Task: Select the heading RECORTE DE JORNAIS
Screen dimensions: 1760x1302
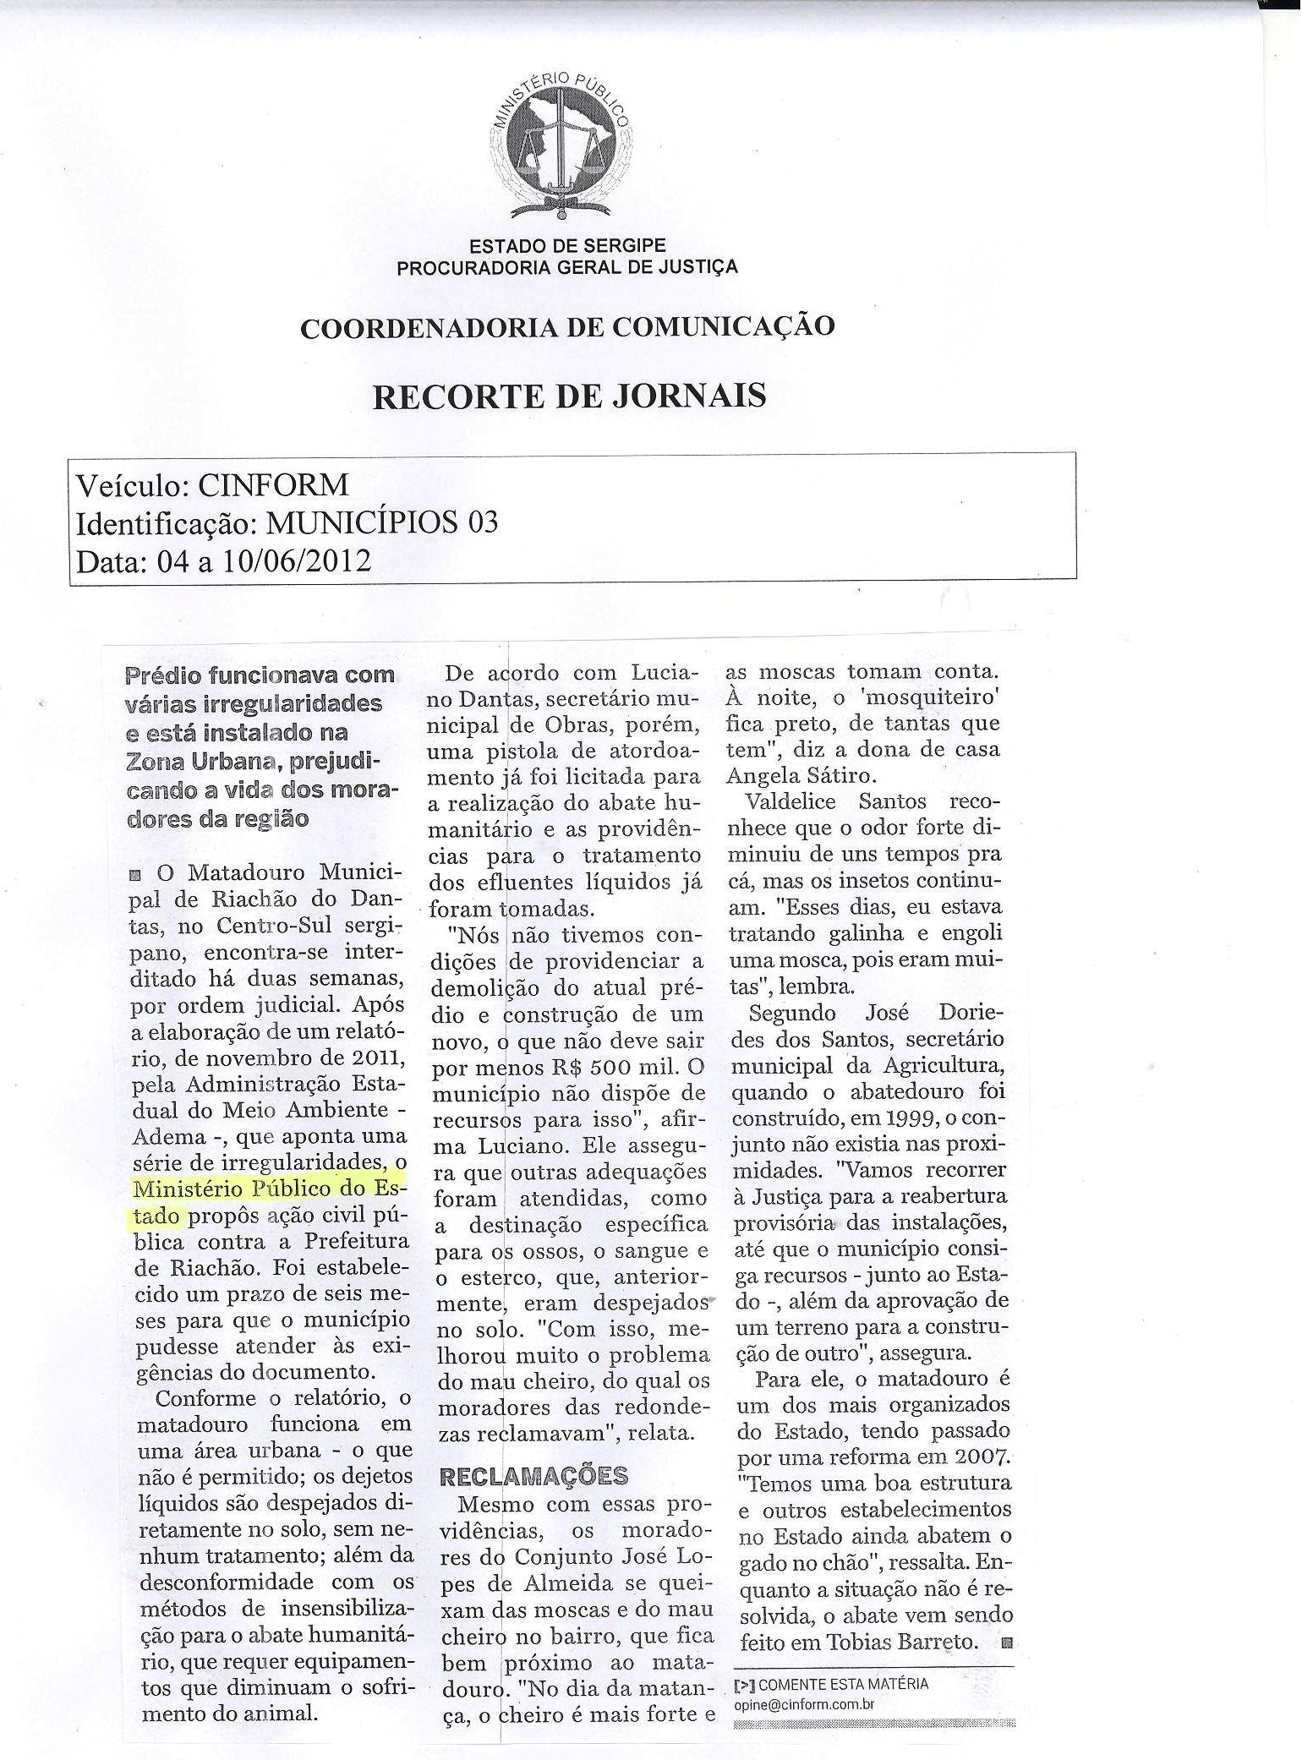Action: [569, 396]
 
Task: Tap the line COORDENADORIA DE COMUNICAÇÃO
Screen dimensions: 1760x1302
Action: [567, 327]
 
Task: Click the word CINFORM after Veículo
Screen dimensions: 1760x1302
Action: [272, 485]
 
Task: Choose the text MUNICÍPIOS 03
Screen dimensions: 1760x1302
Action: [382, 523]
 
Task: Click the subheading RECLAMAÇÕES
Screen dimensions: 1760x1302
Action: [533, 1476]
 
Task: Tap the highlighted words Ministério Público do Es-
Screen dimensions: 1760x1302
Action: [270, 1189]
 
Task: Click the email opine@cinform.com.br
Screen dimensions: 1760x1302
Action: [803, 1705]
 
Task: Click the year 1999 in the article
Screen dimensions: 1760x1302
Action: [906, 1118]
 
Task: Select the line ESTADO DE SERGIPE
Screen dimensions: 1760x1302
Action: [567, 246]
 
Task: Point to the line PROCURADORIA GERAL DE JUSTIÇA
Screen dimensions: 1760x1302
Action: [567, 267]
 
